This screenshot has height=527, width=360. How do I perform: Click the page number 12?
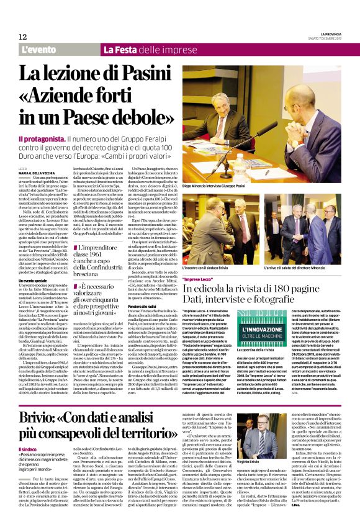click(x=22, y=37)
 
